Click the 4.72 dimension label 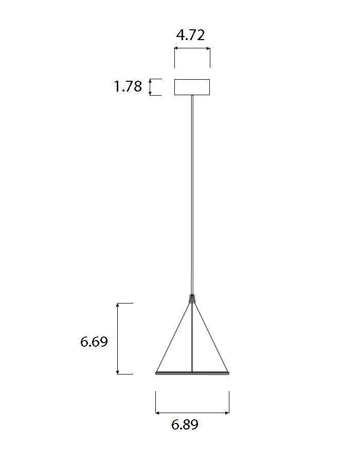tap(190, 35)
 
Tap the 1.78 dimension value tap(128, 86)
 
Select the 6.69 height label tap(94, 342)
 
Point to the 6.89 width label tap(185, 424)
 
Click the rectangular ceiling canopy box tap(192, 87)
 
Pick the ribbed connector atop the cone tap(192, 298)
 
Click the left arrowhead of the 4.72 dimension tap(176, 48)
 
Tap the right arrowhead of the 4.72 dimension tap(208, 48)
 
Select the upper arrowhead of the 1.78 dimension tap(150, 81)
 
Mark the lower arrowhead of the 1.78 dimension tap(150, 93)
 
